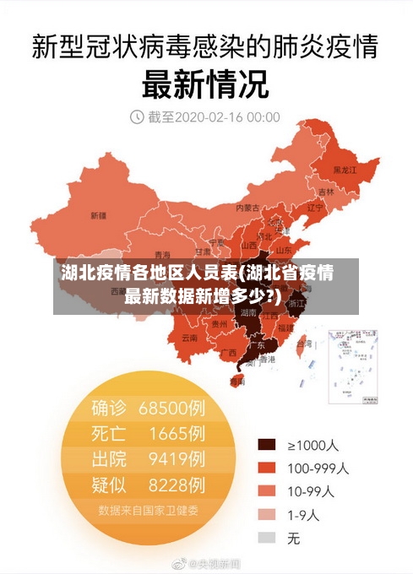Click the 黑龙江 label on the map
[345, 170]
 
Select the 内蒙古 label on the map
[247, 207]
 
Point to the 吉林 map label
[326, 192]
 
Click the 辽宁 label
[315, 207]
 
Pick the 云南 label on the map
[189, 338]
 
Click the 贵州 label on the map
[220, 323]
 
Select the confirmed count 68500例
[172, 409]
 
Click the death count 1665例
[177, 434]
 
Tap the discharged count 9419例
[177, 459]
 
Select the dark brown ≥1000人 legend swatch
[267, 445]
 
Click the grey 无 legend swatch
[267, 537]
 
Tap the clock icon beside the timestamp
[137, 116]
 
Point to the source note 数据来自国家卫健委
[148, 510]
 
